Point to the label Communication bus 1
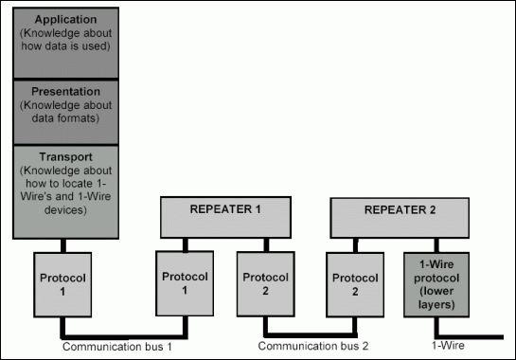point(106,346)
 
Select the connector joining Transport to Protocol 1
point(65,244)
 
